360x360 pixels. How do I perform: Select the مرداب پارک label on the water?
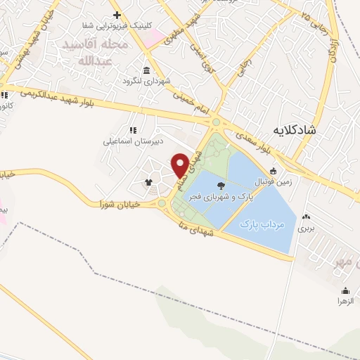tap(261, 225)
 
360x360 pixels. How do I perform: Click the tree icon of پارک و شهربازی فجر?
tap(221, 186)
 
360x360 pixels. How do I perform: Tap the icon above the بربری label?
tap(304, 217)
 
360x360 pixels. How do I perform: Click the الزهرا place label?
tap(345, 301)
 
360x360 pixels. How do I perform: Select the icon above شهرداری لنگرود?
tap(146, 70)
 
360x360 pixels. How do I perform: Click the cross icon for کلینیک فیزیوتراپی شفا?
tap(117, 15)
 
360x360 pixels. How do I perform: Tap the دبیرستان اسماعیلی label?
tap(134, 141)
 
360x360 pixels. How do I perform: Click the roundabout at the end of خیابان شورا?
tap(162, 204)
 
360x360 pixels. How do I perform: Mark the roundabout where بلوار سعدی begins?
tap(216, 122)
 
